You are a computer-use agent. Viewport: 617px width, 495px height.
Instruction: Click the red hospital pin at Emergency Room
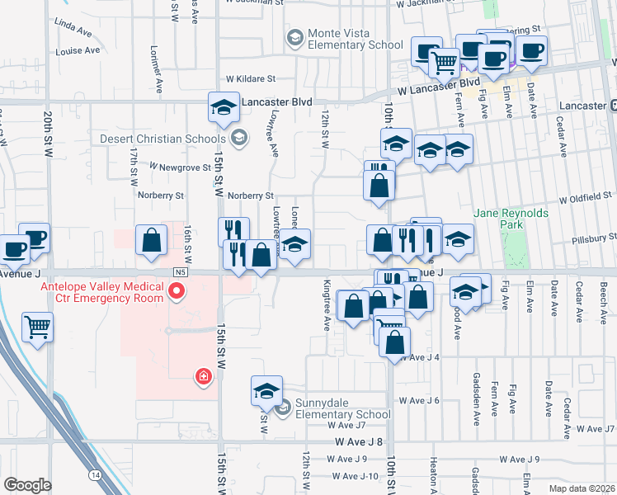(176, 291)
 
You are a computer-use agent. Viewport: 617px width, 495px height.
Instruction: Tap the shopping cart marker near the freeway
(37, 326)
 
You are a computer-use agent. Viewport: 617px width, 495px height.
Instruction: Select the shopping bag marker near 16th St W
(153, 241)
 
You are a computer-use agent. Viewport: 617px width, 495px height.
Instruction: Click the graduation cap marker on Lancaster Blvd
(222, 108)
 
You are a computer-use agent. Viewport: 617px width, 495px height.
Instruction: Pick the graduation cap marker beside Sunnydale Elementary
(266, 390)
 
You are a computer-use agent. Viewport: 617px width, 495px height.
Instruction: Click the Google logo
(27, 485)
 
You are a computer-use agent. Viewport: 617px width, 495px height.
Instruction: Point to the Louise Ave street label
(79, 51)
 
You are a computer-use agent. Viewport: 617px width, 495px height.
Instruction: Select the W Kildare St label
(246, 78)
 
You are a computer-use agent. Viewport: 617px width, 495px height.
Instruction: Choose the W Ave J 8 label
(359, 442)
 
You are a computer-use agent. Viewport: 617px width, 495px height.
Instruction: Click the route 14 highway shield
(97, 475)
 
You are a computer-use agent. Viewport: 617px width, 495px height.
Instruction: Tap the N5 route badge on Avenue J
(181, 271)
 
